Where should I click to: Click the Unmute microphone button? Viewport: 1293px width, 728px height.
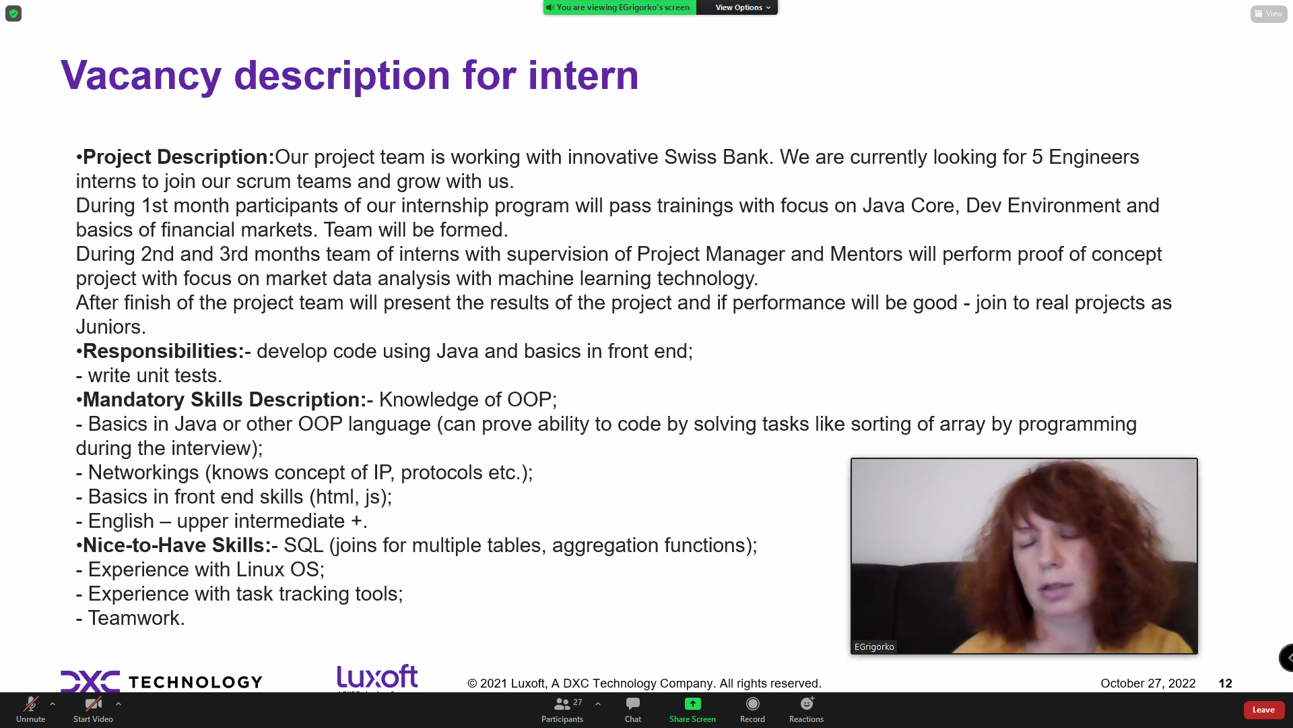(x=30, y=704)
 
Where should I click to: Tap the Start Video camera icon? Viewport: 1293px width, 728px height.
(x=94, y=704)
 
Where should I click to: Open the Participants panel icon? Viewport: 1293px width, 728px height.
(x=562, y=704)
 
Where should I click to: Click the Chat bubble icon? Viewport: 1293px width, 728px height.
(x=633, y=704)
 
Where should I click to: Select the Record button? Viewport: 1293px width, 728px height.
(x=752, y=704)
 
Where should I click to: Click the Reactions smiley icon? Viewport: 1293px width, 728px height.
(x=807, y=704)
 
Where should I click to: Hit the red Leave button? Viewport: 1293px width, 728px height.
(x=1264, y=710)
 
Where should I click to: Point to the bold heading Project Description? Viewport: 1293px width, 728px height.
(x=178, y=157)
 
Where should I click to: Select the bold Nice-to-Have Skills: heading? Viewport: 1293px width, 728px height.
(x=177, y=545)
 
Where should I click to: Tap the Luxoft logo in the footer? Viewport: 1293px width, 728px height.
(x=377, y=677)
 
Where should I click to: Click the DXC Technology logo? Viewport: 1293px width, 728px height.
(x=162, y=681)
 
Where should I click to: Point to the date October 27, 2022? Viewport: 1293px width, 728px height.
(x=1148, y=684)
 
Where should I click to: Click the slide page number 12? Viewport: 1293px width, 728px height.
(x=1225, y=684)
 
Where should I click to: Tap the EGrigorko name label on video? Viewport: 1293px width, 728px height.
(x=874, y=646)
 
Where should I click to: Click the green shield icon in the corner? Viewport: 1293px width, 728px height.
(x=13, y=13)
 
